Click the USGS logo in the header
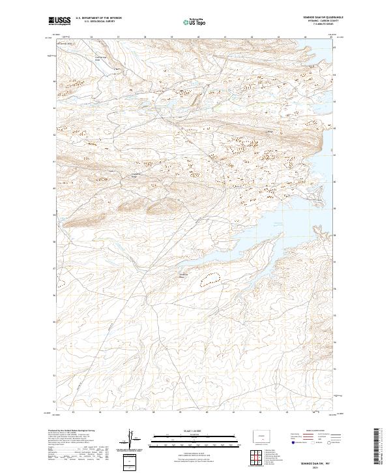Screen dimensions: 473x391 coord(59,20)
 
